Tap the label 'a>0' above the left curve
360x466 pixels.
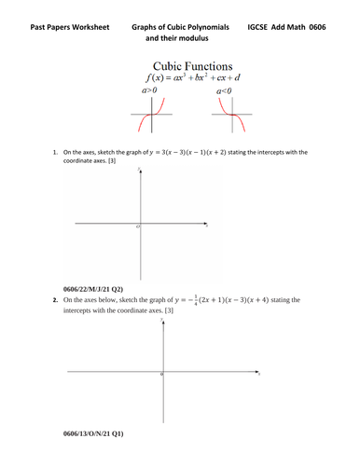(x=145, y=92)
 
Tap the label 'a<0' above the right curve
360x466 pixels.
(x=224, y=92)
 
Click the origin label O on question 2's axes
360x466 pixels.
(x=159, y=375)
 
